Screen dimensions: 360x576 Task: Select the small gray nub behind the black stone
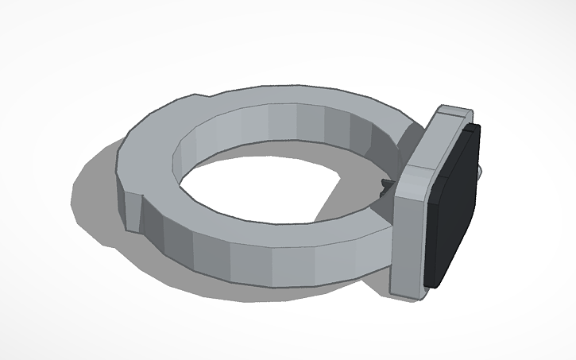point(482,171)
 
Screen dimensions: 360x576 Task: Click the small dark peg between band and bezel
point(387,186)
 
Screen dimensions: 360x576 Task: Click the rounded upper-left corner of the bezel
point(439,110)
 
